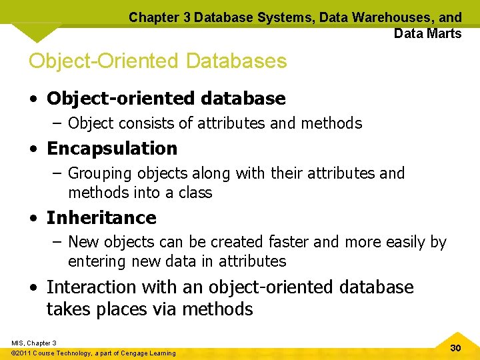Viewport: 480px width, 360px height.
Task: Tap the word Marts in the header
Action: tap(443, 33)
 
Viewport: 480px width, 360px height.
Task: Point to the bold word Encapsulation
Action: tap(112, 148)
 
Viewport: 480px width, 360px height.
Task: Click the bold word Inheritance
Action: tap(101, 217)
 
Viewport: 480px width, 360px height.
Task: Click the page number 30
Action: tap(456, 348)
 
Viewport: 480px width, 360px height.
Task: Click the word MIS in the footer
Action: tap(19, 343)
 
